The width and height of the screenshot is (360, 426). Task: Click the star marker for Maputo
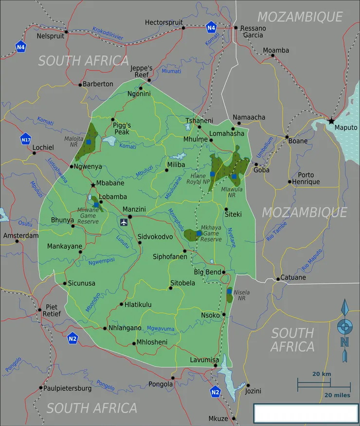click(331, 121)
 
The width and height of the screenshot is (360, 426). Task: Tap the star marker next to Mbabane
click(93, 185)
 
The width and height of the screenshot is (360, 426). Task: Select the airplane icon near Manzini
click(124, 222)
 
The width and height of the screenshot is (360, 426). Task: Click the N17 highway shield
click(26, 140)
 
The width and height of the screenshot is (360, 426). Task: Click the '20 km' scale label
click(321, 374)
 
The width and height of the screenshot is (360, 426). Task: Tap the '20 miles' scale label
click(337, 395)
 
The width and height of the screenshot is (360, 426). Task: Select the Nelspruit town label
click(51, 36)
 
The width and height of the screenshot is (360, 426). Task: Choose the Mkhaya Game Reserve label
click(211, 233)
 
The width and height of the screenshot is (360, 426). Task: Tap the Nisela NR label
click(242, 295)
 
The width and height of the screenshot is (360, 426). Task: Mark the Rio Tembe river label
click(277, 231)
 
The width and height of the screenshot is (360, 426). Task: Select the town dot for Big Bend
click(223, 272)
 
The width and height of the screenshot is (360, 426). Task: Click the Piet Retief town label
click(53, 310)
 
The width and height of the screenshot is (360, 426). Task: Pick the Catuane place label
click(293, 278)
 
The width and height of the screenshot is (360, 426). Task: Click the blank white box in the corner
click(306, 413)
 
